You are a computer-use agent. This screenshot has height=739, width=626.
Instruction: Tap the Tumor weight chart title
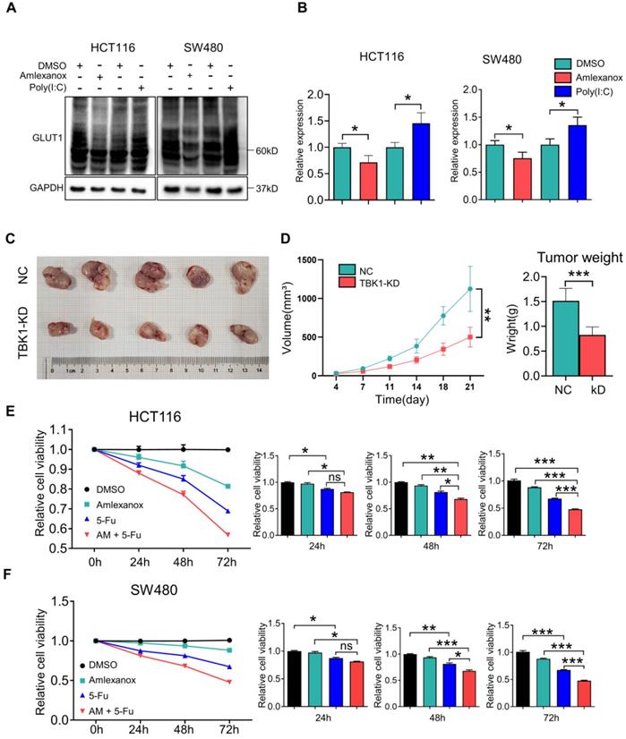(x=579, y=259)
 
